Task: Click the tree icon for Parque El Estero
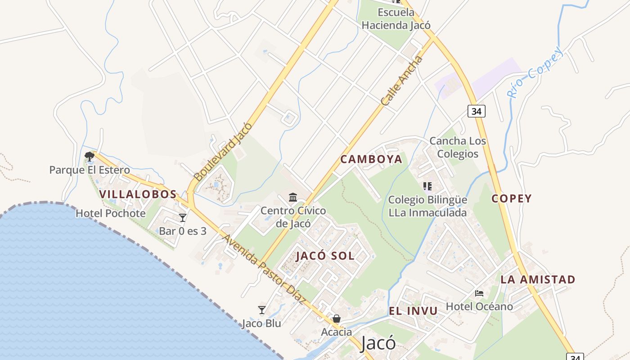pyautogui.click(x=90, y=157)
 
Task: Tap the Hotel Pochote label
pyautogui.click(x=111, y=213)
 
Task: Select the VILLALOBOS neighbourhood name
pyautogui.click(x=138, y=194)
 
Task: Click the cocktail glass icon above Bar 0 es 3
pyautogui.click(x=183, y=218)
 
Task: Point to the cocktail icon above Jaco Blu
pyautogui.click(x=262, y=310)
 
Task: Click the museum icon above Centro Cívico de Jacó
pyautogui.click(x=293, y=197)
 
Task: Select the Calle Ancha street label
pyautogui.click(x=402, y=81)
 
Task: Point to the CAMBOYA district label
pyautogui.click(x=371, y=159)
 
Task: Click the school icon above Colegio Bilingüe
pyautogui.click(x=427, y=186)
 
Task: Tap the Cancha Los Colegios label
pyautogui.click(x=458, y=147)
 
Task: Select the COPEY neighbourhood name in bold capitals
pyautogui.click(x=512, y=198)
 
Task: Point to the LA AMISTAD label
pyautogui.click(x=538, y=279)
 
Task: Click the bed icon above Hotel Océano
pyautogui.click(x=479, y=293)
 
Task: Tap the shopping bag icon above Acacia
pyautogui.click(x=336, y=319)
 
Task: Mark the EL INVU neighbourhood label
pyautogui.click(x=413, y=311)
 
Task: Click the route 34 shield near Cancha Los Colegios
pyautogui.click(x=477, y=111)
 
